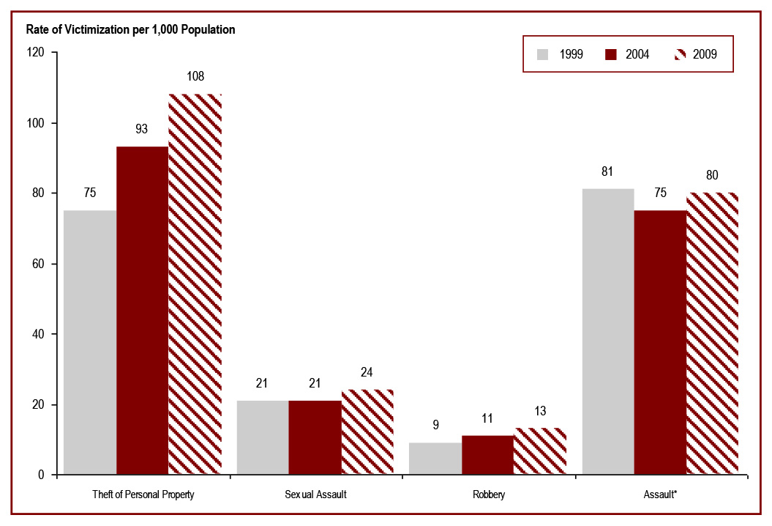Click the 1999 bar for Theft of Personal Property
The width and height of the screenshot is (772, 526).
(90, 342)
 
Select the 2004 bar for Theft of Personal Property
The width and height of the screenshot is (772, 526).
(142, 311)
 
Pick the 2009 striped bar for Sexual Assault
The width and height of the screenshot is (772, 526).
(367, 432)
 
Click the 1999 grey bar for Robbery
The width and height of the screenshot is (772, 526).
(435, 459)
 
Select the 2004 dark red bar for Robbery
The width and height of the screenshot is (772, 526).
(487, 455)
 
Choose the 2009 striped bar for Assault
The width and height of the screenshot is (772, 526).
(712, 333)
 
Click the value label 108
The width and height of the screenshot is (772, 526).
(195, 75)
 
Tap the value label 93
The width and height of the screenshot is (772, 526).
(142, 128)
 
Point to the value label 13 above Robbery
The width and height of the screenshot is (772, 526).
(540, 411)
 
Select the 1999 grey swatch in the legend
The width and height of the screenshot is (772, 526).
(542, 54)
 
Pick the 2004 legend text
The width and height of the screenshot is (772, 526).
(637, 54)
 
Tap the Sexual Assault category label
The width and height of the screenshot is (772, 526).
(315, 494)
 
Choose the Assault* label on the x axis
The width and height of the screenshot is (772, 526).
(660, 494)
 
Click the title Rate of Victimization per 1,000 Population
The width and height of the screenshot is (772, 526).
(130, 30)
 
